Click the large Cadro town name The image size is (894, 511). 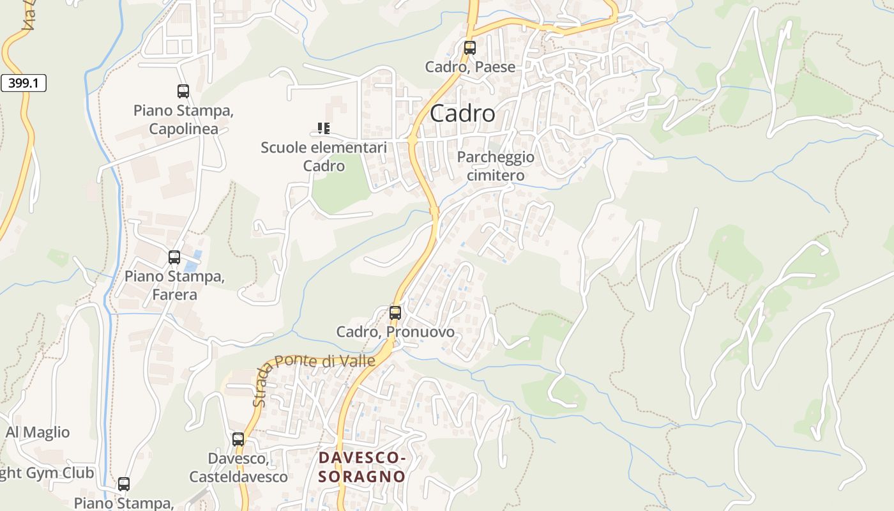[462, 114]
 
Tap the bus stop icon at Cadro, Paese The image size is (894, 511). [470, 47]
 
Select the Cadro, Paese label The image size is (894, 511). [470, 66]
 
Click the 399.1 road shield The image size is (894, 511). [24, 83]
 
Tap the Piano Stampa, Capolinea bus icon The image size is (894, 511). [183, 91]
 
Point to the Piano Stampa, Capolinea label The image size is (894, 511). [183, 119]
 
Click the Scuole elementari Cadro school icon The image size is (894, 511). [324, 128]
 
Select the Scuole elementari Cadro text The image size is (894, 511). [324, 156]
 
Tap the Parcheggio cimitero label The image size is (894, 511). [496, 166]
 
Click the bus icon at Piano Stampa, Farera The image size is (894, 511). [174, 257]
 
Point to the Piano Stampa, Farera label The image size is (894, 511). [174, 286]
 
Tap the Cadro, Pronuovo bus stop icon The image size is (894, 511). [395, 313]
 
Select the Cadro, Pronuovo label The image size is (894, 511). [395, 332]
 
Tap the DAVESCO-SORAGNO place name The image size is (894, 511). [362, 467]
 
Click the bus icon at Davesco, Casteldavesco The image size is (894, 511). [238, 439]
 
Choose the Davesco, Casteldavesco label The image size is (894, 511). [238, 468]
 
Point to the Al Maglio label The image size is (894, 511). [38, 432]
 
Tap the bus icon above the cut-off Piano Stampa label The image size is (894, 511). [124, 484]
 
